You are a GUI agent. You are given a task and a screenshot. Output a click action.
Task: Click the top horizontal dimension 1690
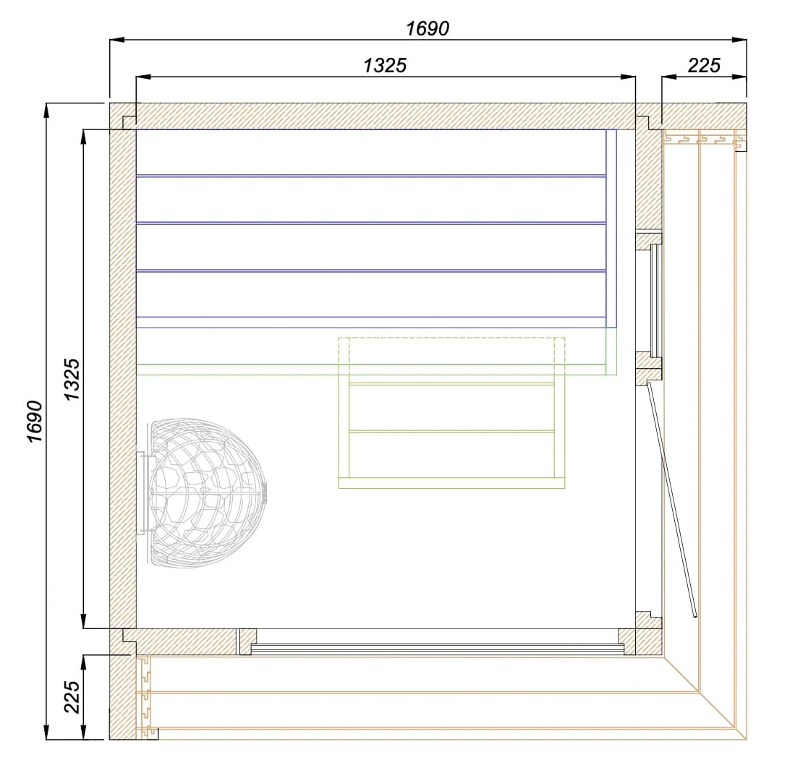pyautogui.click(x=428, y=29)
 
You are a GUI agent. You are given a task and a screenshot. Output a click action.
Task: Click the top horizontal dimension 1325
pyautogui.click(x=385, y=66)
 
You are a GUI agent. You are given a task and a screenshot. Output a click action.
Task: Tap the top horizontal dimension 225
pyautogui.click(x=704, y=66)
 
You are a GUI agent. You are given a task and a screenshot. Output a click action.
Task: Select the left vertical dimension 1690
pyautogui.click(x=35, y=421)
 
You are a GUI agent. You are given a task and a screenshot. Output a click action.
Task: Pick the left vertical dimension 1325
pyautogui.click(x=72, y=379)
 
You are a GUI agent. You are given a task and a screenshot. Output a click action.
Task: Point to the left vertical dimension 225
pyautogui.click(x=72, y=696)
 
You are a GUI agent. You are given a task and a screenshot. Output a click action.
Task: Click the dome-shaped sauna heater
pyautogui.click(x=207, y=493)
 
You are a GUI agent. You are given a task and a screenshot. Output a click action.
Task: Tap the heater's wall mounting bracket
pyautogui.click(x=142, y=493)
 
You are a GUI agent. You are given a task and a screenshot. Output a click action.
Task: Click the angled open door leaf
pyautogui.click(x=671, y=498)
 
